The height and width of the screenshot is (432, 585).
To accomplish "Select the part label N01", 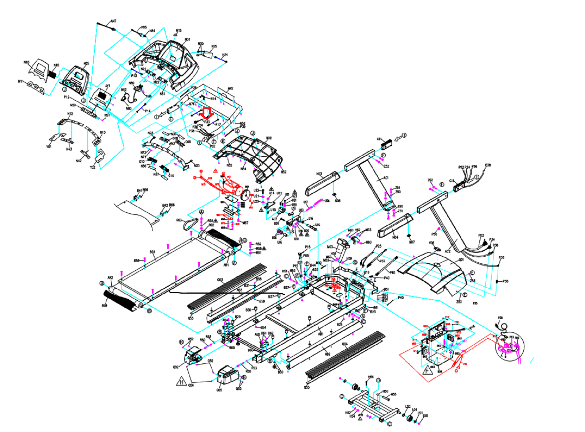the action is coord(187,39).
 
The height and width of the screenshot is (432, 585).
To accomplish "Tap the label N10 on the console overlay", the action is coord(26,62).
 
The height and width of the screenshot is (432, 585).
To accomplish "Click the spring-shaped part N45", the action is coord(52,74).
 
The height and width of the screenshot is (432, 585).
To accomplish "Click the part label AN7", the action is coord(113,22).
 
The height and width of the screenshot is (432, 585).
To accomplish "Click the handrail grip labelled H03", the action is coord(322,183).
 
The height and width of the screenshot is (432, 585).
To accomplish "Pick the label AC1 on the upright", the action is coord(386,178).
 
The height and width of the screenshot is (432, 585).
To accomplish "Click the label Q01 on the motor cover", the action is coord(461,260).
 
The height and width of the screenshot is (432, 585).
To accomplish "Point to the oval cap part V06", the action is coord(437,249).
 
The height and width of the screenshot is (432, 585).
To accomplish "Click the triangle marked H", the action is coord(182,382).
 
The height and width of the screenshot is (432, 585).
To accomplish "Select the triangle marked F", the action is coord(427,370).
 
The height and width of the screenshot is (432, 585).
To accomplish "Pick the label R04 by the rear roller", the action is coord(105,306).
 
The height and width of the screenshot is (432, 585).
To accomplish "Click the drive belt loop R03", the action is coord(191,223).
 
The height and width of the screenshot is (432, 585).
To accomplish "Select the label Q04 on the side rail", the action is coord(344,344).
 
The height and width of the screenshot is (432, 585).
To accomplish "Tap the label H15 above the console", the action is coord(178,31).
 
